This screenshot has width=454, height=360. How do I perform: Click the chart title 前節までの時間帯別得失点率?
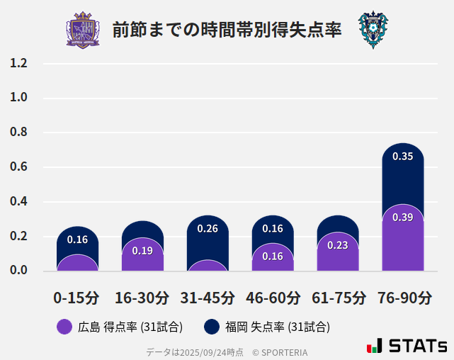[227, 30]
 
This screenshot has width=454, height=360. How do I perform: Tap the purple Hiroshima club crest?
[83, 30]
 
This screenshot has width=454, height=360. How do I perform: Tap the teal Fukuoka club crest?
[373, 30]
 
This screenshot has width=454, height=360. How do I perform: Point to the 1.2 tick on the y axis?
[18, 63]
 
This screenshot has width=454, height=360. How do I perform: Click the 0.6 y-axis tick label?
[18, 167]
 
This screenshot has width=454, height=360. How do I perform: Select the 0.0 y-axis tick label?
[18, 271]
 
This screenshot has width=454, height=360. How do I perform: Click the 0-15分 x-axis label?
[77, 297]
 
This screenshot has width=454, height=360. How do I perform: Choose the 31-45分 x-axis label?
[208, 297]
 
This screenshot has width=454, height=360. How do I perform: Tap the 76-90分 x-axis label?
[403, 297]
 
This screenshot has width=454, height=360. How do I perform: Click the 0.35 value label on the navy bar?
[403, 156]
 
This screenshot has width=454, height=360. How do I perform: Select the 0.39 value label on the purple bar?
[403, 217]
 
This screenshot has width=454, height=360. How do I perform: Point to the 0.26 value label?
[208, 228]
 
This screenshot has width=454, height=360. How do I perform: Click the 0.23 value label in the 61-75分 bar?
[338, 245]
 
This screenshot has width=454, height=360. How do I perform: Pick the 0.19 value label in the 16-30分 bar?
[142, 250]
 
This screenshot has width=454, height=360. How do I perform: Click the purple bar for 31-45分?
[208, 266]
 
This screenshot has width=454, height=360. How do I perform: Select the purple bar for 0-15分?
[77, 263]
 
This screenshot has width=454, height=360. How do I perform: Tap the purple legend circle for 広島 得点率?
[64, 327]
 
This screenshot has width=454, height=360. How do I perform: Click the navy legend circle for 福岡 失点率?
[211, 327]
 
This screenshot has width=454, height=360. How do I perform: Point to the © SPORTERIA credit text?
[280, 351]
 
